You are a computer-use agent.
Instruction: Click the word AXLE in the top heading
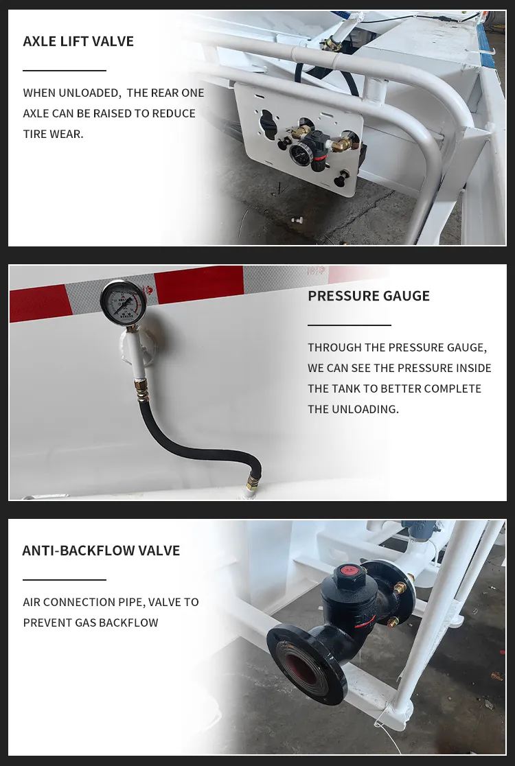click(40, 41)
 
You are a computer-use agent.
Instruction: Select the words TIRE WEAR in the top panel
click(53, 134)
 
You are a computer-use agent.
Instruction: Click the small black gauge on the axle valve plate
click(297, 155)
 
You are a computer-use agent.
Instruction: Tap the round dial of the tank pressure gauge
click(119, 300)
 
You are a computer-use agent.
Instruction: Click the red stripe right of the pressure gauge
click(198, 284)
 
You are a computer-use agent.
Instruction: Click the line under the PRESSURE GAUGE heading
click(350, 325)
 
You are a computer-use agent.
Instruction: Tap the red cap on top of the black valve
click(347, 570)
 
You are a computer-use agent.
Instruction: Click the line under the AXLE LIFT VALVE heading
click(65, 71)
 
